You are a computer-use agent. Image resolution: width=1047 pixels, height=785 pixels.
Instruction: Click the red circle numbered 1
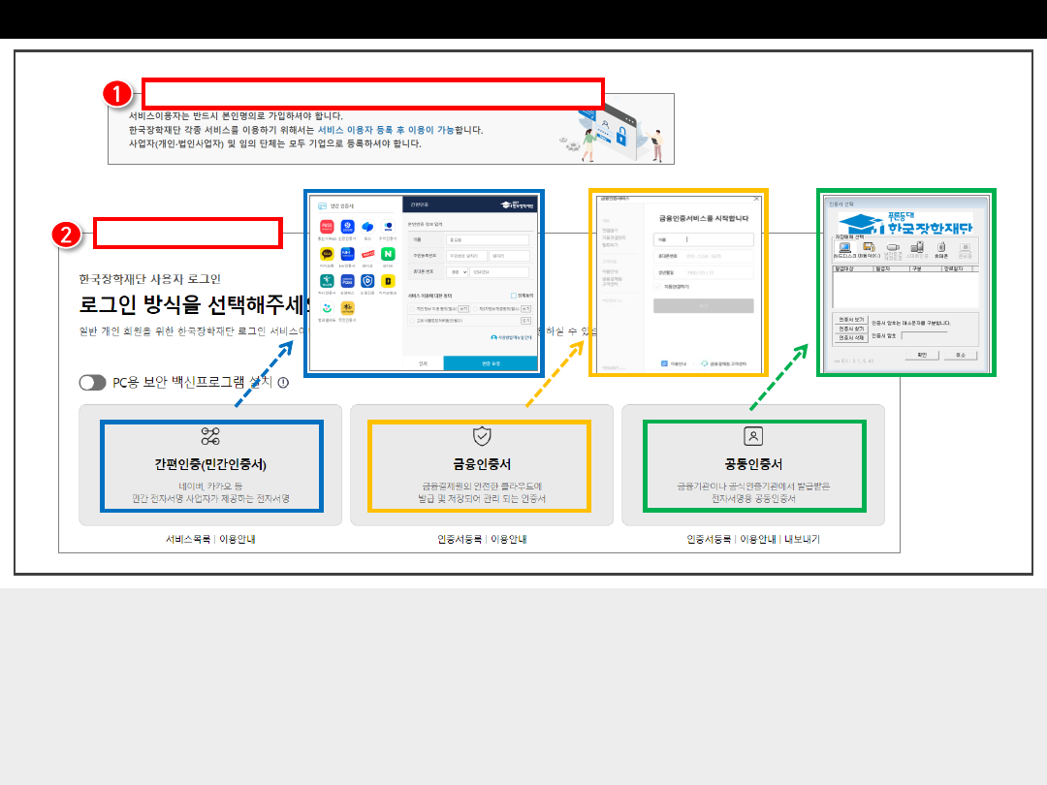point(116,93)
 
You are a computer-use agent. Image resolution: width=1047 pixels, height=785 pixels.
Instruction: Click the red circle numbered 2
point(67,234)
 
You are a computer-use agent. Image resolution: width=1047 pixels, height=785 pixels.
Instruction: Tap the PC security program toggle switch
point(93,383)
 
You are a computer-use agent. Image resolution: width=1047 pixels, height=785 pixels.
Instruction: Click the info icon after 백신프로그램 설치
point(283,383)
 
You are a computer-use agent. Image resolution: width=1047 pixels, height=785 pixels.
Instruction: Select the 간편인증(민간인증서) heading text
point(210,464)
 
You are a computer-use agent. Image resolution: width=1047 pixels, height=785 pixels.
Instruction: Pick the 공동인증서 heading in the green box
point(753,464)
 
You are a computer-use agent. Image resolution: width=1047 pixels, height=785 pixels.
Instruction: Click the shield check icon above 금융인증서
point(482,435)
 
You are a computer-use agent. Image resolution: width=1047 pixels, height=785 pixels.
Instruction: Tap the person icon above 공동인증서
point(753,435)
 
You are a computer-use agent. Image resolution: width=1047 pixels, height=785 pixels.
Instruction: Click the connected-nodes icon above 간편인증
point(210,435)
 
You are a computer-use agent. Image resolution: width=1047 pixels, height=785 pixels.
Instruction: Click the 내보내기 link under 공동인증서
point(802,539)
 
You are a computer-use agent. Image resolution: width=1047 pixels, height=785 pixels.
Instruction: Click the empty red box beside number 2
point(187,234)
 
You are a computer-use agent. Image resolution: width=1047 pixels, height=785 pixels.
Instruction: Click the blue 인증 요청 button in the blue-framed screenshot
point(490,363)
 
